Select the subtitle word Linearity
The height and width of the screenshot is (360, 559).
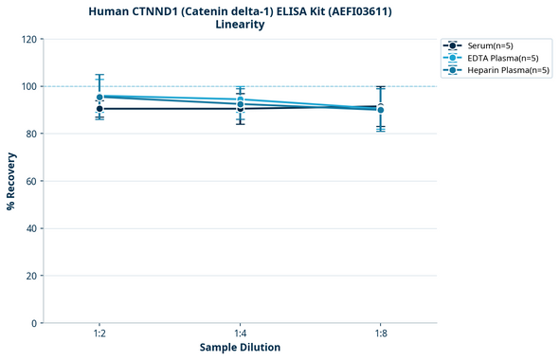pyautogui.click(x=240, y=25)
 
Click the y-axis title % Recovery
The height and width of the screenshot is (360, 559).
pyautogui.click(x=11, y=181)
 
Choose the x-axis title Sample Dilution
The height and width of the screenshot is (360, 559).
pyautogui.click(x=240, y=348)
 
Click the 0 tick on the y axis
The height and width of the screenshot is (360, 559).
pyautogui.click(x=34, y=323)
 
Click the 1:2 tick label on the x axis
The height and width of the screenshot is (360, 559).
pyautogui.click(x=99, y=334)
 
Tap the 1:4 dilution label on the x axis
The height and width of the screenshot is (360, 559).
pyautogui.click(x=240, y=334)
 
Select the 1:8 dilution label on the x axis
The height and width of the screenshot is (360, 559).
pyautogui.click(x=380, y=334)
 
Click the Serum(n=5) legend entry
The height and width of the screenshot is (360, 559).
pyautogui.click(x=490, y=45)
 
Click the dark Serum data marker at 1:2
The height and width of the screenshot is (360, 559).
pyautogui.click(x=99, y=109)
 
